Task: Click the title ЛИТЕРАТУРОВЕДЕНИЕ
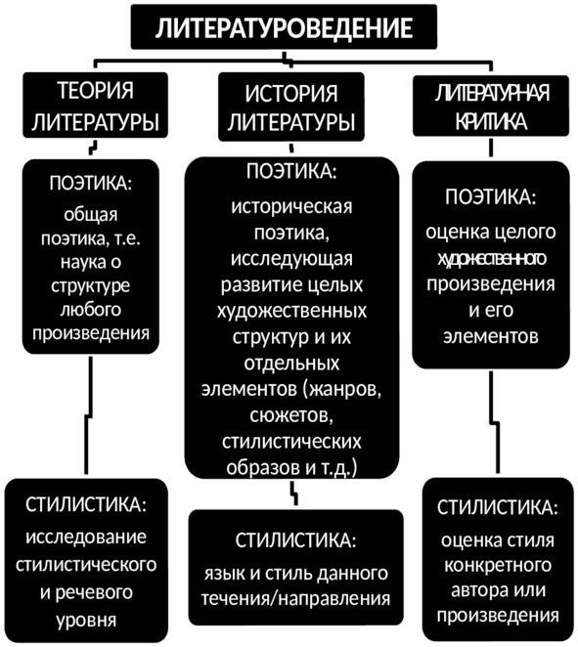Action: (284, 27)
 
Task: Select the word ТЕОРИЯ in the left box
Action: (96, 90)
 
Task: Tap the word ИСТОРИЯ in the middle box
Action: (291, 93)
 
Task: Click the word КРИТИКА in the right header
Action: (491, 121)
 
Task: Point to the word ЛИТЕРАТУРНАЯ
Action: (491, 93)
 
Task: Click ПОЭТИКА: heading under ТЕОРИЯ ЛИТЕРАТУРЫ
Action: (90, 183)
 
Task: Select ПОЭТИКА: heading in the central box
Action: (291, 171)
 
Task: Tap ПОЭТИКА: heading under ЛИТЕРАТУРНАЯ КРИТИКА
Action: (491, 196)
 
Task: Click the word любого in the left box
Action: (90, 310)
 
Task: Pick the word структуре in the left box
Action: (90, 286)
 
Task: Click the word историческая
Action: (291, 206)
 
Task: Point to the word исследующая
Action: (291, 259)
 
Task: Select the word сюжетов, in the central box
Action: (291, 415)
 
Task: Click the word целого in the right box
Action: (525, 232)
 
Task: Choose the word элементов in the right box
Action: (491, 336)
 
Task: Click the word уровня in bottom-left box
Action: (86, 621)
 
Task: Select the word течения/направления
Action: (295, 599)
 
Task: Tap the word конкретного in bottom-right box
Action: (498, 565)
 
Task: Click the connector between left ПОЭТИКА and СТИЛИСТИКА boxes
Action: (88, 416)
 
